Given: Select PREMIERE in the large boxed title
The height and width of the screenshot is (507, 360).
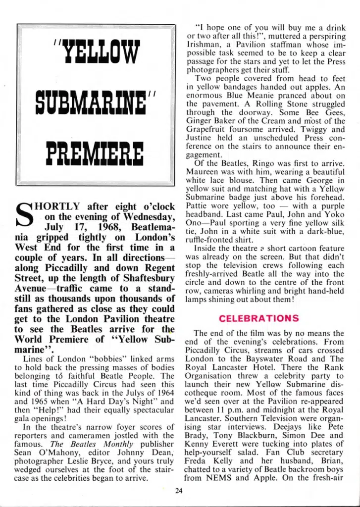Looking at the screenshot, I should click(95, 154).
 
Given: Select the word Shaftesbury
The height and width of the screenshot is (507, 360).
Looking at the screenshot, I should click(144, 279).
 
